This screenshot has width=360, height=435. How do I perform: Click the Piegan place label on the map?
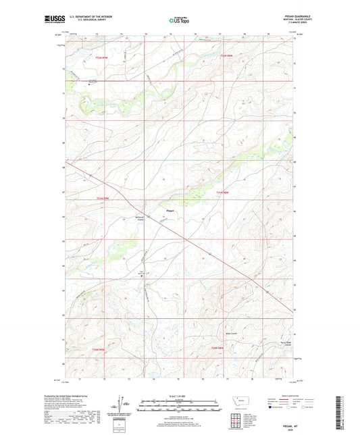171,211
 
